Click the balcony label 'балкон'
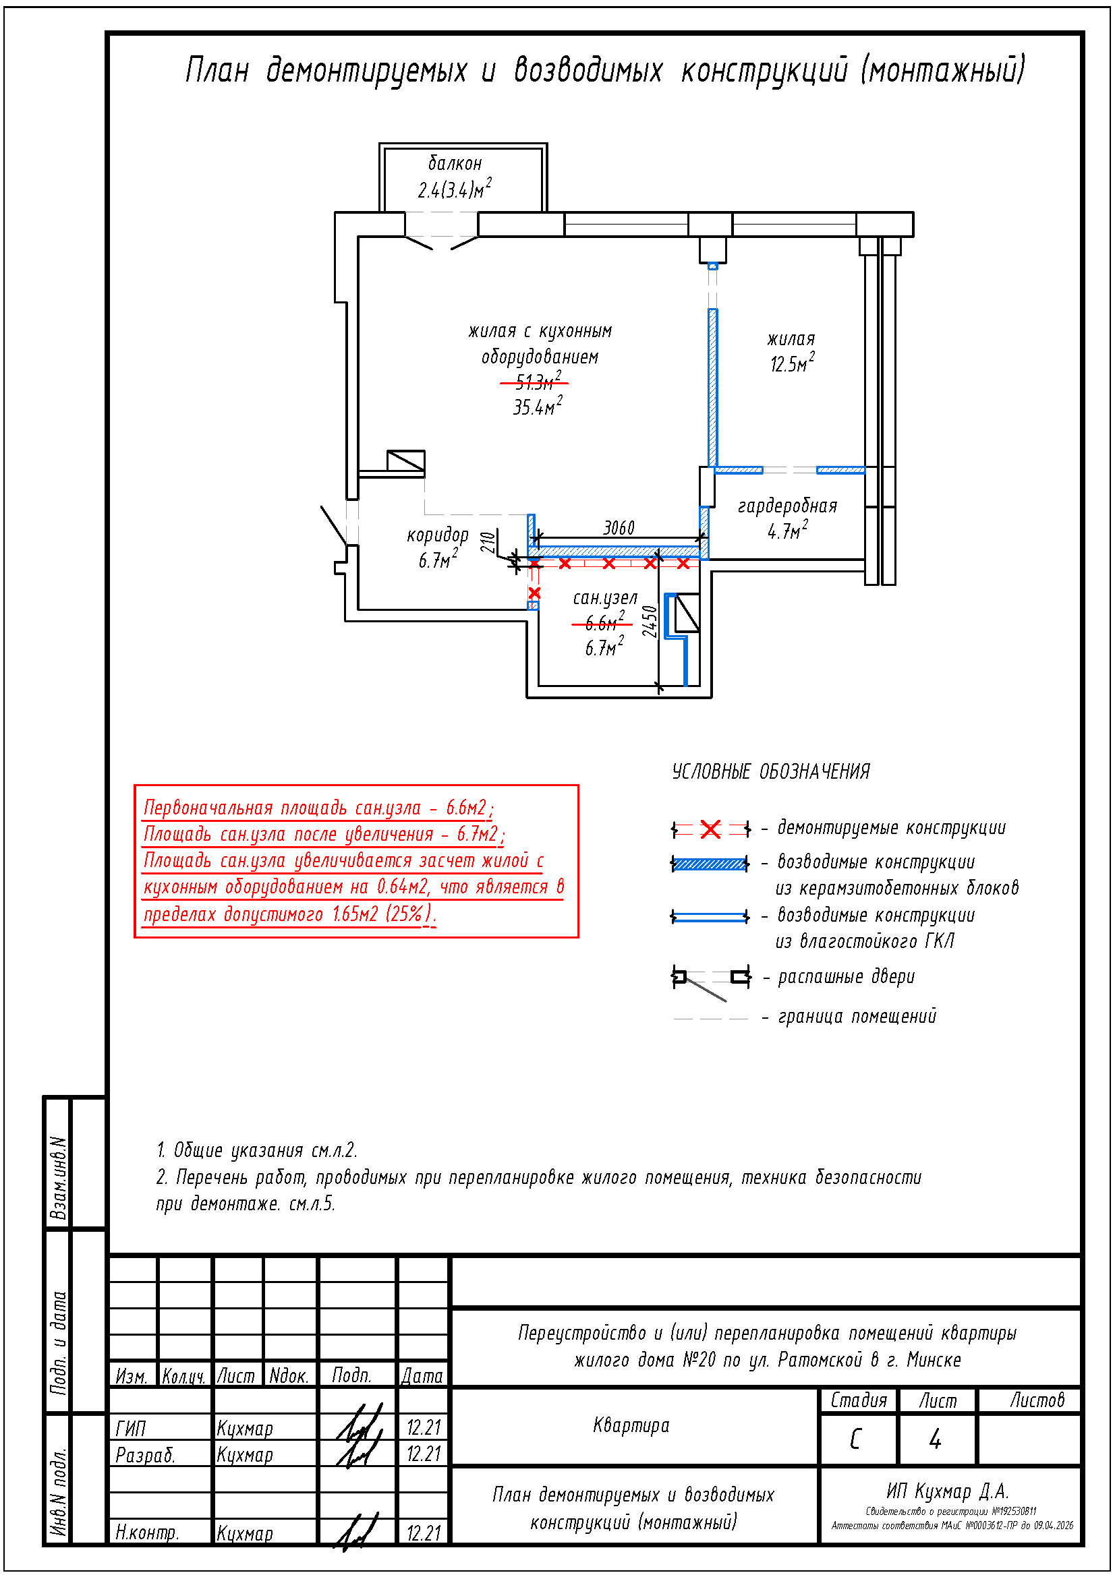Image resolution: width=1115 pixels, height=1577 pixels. pyautogui.click(x=455, y=163)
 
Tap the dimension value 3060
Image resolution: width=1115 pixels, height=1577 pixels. pyautogui.click(x=619, y=527)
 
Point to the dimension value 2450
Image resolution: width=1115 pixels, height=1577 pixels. pyautogui.click(x=650, y=622)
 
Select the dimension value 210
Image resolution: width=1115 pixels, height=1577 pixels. pyautogui.click(x=488, y=543)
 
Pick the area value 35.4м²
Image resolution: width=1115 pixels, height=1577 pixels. pyautogui.click(x=538, y=406)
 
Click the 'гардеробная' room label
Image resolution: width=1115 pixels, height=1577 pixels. pyautogui.click(x=787, y=506)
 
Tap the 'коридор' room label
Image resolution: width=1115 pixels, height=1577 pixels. pyautogui.click(x=438, y=535)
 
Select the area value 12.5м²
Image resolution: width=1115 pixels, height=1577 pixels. pyautogui.click(x=792, y=363)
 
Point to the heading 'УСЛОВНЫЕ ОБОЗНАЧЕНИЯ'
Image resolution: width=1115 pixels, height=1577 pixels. pyautogui.click(x=771, y=771)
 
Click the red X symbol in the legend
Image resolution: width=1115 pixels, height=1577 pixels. pyautogui.click(x=710, y=829)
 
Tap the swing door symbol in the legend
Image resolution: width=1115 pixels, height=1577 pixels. pyautogui.click(x=710, y=981)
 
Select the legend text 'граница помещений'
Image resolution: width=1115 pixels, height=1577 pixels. pyautogui.click(x=857, y=1016)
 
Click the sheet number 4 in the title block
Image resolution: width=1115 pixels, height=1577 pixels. pyautogui.click(x=935, y=1438)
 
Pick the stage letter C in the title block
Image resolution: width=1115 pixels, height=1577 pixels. pyautogui.click(x=856, y=1438)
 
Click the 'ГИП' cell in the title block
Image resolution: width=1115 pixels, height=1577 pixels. pyautogui.click(x=131, y=1428)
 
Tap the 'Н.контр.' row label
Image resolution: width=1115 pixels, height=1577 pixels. pyautogui.click(x=147, y=1533)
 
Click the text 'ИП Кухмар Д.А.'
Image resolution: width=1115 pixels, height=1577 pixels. pyautogui.click(x=947, y=1491)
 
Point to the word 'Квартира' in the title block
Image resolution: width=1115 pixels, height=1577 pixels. pyautogui.click(x=631, y=1425)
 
